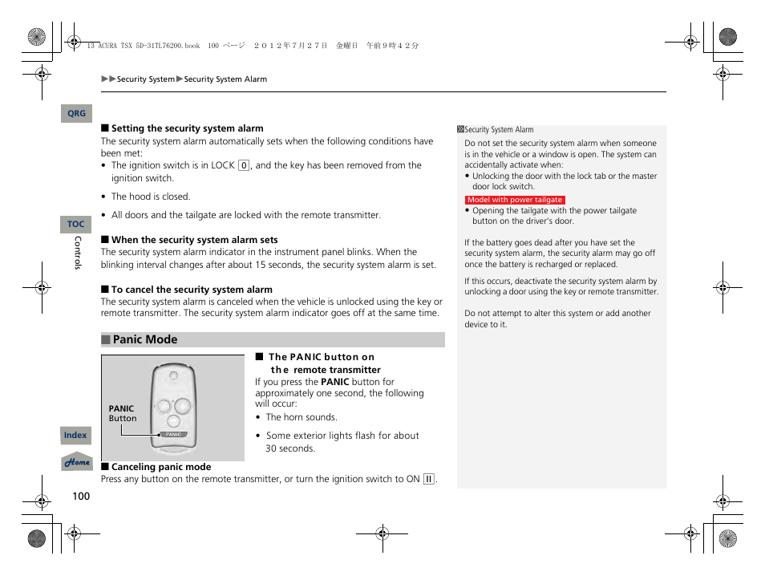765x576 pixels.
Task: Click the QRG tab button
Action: pyautogui.click(x=76, y=114)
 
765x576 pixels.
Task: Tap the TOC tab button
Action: pyautogui.click(x=75, y=225)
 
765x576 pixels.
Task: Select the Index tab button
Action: pyautogui.click(x=75, y=436)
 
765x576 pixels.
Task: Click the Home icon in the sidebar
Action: pyautogui.click(x=77, y=462)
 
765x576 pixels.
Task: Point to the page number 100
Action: pyautogui.click(x=81, y=496)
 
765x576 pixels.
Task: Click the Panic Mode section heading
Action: pyautogui.click(x=145, y=340)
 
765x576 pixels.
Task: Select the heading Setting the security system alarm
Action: pyautogui.click(x=187, y=128)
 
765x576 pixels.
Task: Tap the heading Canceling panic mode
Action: pyautogui.click(x=161, y=467)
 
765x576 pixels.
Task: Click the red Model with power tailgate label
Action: pyautogui.click(x=515, y=200)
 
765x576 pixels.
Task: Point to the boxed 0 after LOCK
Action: pyautogui.click(x=244, y=165)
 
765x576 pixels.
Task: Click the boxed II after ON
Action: pyautogui.click(x=429, y=479)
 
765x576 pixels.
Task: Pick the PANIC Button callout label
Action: pyautogui.click(x=122, y=413)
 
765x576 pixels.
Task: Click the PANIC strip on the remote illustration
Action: pyautogui.click(x=174, y=434)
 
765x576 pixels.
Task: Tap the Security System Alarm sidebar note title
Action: pyautogui.click(x=499, y=130)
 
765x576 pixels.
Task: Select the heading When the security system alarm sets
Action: pyautogui.click(x=194, y=240)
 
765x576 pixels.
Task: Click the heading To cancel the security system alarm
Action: pyautogui.click(x=192, y=290)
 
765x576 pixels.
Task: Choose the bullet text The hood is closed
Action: pyautogui.click(x=151, y=197)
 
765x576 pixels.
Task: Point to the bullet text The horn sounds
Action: pyautogui.click(x=302, y=417)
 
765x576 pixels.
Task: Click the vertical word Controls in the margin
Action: pyautogui.click(x=78, y=253)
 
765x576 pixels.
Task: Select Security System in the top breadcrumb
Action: pyautogui.click(x=145, y=79)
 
